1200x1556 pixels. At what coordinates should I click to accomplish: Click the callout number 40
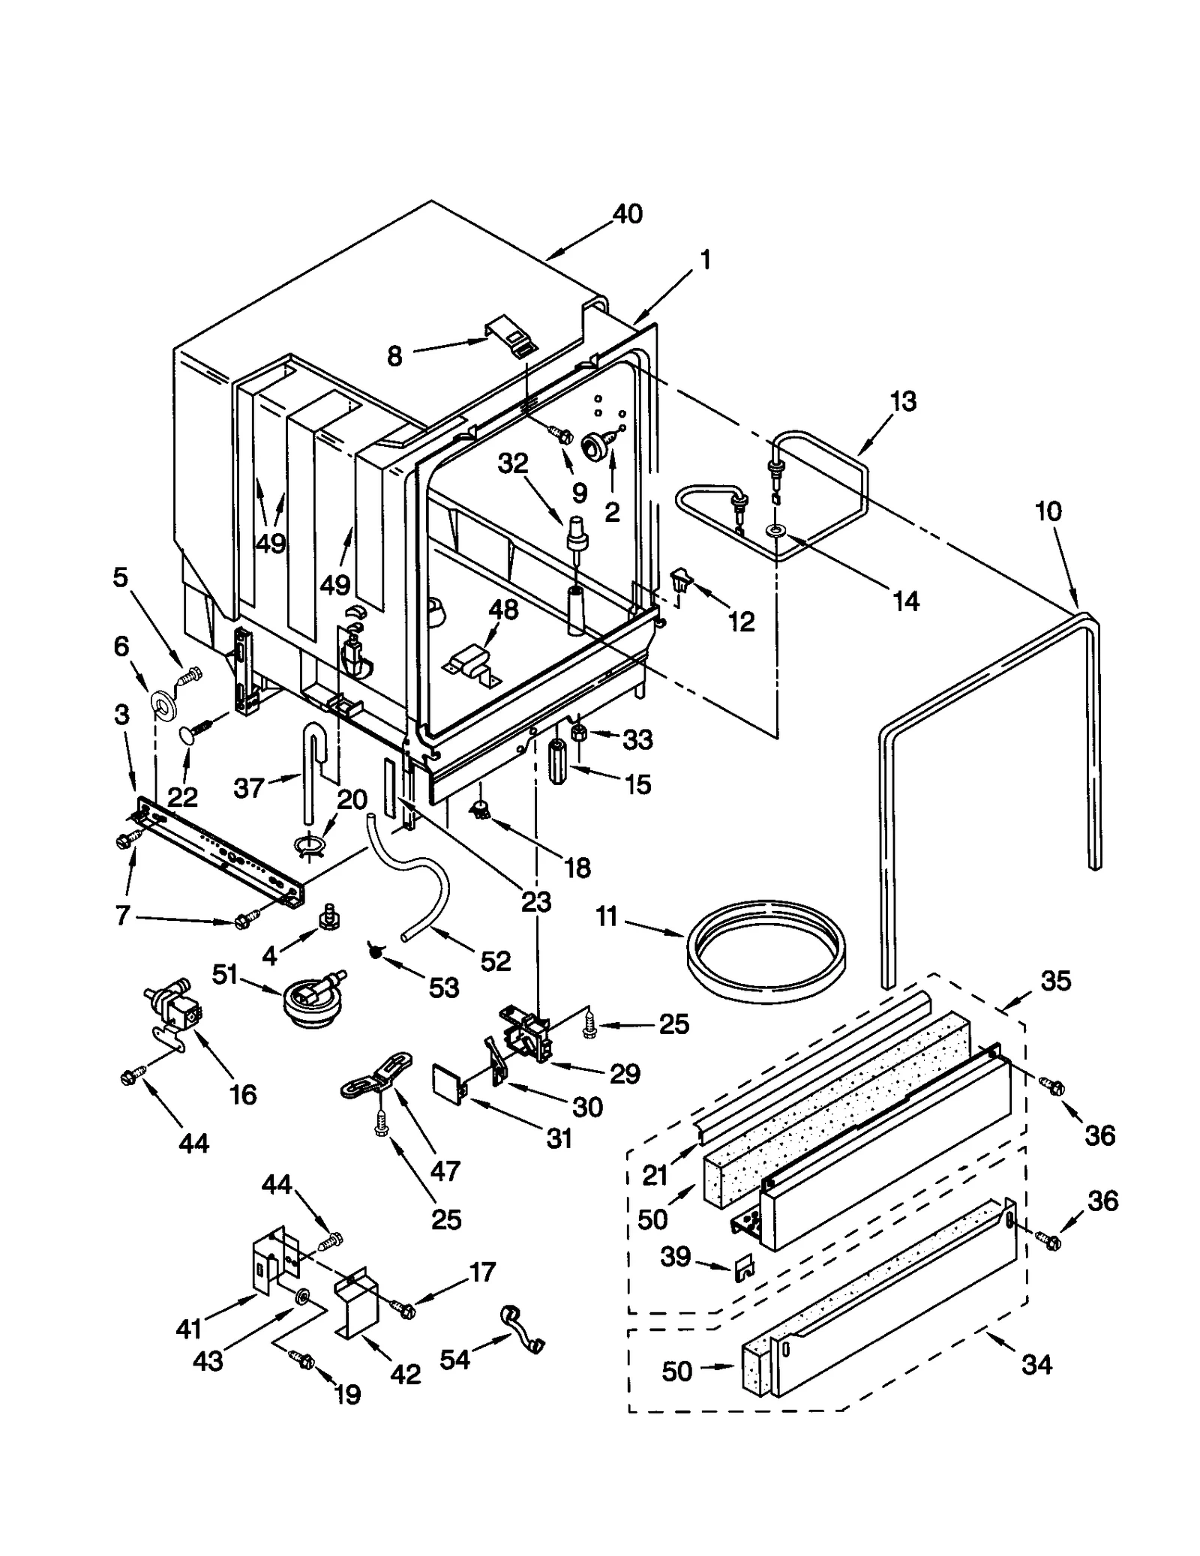coord(627,214)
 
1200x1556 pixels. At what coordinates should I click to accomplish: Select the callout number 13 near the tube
coord(903,402)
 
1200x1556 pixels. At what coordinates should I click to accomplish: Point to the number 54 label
coord(455,1359)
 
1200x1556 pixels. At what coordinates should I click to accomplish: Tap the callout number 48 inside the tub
coord(503,610)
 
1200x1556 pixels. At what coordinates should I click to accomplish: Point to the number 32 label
coord(513,465)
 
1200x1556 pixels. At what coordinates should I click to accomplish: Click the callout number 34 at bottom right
coord(1036,1365)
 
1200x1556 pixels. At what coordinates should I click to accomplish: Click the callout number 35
coord(1055,981)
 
